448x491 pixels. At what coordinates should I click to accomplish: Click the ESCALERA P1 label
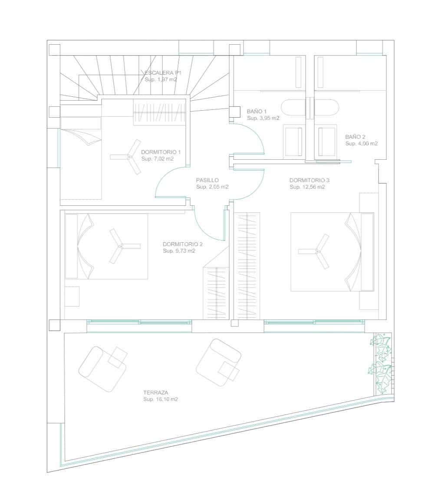click(163, 73)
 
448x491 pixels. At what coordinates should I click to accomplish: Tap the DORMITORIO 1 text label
click(161, 152)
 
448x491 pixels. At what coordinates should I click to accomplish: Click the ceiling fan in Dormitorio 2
click(121, 247)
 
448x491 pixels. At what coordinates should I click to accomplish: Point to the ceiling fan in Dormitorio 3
click(316, 251)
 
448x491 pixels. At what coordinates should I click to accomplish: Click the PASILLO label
click(207, 180)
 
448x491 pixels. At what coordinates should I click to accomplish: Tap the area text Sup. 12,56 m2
click(307, 187)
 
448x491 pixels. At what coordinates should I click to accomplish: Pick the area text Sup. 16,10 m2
click(161, 399)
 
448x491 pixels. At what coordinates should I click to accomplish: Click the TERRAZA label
click(155, 392)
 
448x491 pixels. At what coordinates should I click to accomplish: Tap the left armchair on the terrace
click(103, 368)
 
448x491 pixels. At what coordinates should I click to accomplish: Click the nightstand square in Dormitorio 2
click(72, 297)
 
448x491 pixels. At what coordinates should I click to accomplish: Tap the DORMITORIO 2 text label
click(182, 244)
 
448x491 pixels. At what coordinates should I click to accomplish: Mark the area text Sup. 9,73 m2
click(179, 251)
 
